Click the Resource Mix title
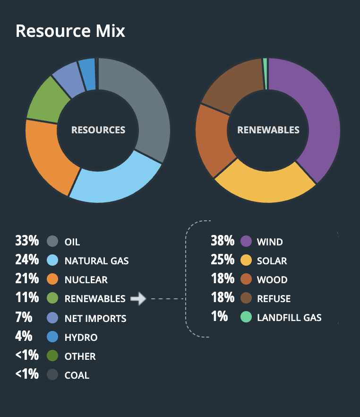tap(70, 31)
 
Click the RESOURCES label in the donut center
tap(98, 130)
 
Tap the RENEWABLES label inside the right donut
tap(268, 130)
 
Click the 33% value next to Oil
tap(26, 241)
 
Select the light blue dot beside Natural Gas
tap(53, 261)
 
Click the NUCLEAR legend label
tap(86, 280)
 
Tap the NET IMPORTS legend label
tap(95, 318)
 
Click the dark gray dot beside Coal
tap(53, 375)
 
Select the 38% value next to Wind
tap(223, 241)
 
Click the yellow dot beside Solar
tap(246, 261)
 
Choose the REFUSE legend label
tap(274, 299)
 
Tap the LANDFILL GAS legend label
tap(289, 318)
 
